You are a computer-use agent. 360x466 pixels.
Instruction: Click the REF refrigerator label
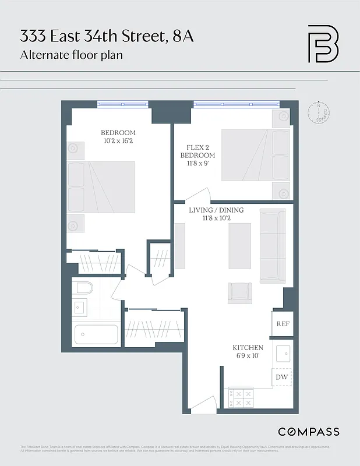(x=283, y=324)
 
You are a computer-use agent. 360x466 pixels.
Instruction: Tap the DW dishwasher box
(x=282, y=377)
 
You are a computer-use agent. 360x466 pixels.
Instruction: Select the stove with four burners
(x=242, y=398)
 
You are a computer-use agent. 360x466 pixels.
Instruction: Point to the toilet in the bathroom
(x=83, y=288)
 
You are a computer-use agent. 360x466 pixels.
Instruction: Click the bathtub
(x=96, y=335)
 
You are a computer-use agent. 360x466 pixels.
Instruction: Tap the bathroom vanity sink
(x=80, y=306)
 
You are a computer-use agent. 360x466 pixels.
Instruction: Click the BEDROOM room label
(x=118, y=132)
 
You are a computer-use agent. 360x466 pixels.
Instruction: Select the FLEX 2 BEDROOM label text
(x=197, y=151)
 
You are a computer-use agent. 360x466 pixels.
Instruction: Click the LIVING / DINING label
(x=216, y=210)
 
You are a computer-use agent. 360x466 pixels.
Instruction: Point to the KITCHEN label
(x=248, y=348)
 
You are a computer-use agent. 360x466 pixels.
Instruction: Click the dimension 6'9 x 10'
(x=248, y=356)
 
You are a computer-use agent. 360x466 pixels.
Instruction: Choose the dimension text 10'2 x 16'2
(x=118, y=141)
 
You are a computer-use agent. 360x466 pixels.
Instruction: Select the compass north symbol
(x=320, y=112)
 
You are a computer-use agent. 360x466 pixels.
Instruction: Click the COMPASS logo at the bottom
(x=308, y=432)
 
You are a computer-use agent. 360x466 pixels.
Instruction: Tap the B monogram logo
(x=323, y=44)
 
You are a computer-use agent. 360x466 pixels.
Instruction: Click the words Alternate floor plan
(x=71, y=56)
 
